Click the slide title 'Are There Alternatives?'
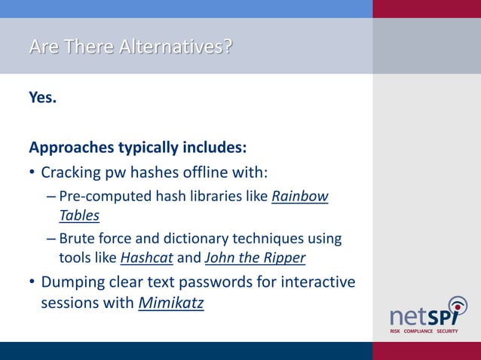[130, 47]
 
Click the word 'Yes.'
[43, 97]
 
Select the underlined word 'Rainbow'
[299, 197]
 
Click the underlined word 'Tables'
[79, 215]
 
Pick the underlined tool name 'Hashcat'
[146, 258]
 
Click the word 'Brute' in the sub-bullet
[76, 239]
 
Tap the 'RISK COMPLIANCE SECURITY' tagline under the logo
[424, 331]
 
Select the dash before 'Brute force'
[50, 239]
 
